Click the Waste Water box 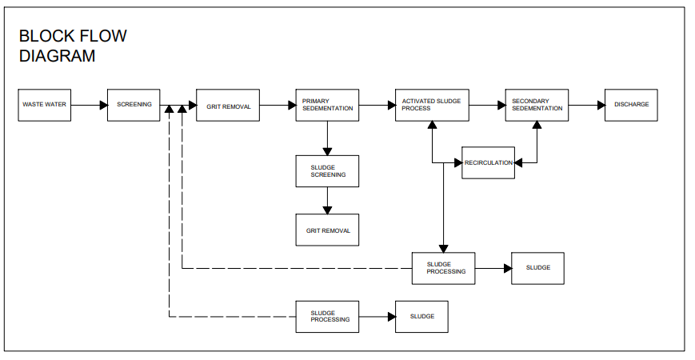coord(44,105)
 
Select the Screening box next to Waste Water coord(134,105)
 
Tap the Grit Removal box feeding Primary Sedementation coord(228,105)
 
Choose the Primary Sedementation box coord(328,105)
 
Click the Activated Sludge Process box coord(432,105)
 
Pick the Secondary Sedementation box coord(537,105)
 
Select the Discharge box coord(631,105)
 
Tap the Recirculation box coord(488,162)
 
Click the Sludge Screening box coord(328,171)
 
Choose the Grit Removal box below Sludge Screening coord(328,230)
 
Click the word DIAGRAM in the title coord(57,56)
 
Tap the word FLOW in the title coord(103,36)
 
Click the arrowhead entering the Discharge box coord(601,105)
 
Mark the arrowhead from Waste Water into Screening coord(104,105)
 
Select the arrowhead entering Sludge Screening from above coord(328,152)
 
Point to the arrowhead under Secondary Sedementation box coord(537,125)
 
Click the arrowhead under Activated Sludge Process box coord(432,125)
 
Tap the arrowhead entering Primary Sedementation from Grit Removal coord(293,105)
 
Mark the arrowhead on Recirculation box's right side coord(518,162)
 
